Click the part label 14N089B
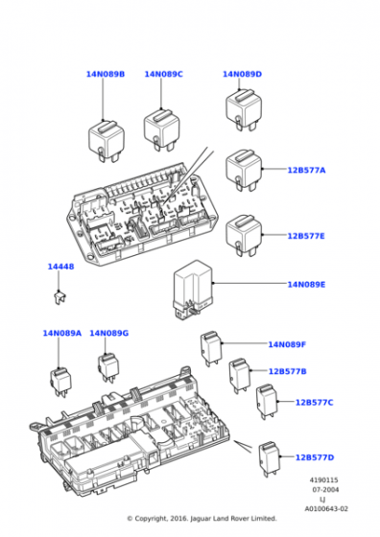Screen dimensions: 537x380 pyautogui.click(x=105, y=74)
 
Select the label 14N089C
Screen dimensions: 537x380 pyautogui.click(x=163, y=74)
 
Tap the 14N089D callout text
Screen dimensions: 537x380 pyautogui.click(x=242, y=74)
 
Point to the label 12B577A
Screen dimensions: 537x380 pyautogui.click(x=306, y=170)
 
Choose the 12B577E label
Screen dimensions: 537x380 pyautogui.click(x=306, y=235)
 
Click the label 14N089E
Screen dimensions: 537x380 pyautogui.click(x=306, y=284)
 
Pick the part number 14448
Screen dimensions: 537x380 pyautogui.click(x=59, y=267)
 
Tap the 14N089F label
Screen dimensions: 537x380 pyautogui.click(x=287, y=344)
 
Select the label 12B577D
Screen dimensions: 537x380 pyautogui.click(x=314, y=457)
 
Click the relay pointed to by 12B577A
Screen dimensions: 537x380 pyautogui.click(x=243, y=170)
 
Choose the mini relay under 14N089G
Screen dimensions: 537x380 pyautogui.click(x=108, y=366)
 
